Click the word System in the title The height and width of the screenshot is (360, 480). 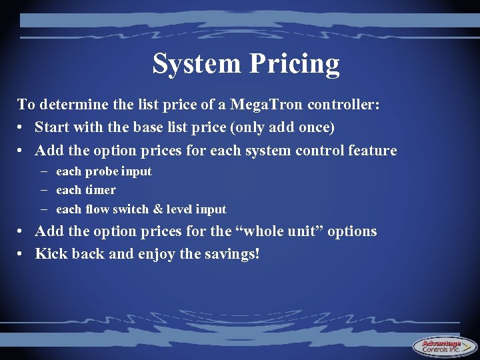coord(197,64)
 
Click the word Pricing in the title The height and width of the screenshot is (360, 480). coord(295,65)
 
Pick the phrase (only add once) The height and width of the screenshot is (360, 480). coord(282,127)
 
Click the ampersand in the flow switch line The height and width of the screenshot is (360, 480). coord(157,209)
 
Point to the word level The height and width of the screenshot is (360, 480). coord(179,209)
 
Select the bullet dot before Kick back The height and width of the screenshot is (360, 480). coord(21,254)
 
